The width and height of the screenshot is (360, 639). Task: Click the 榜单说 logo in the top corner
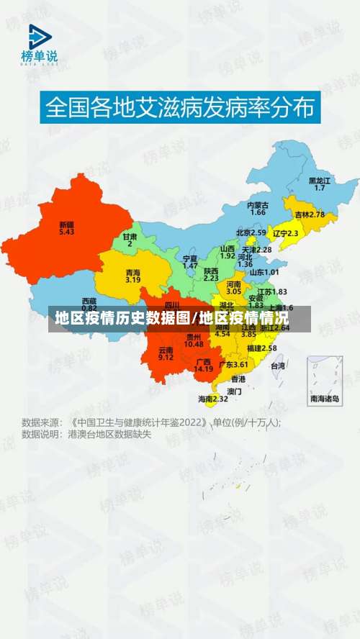click(x=39, y=45)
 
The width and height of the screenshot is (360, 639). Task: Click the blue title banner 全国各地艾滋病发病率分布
click(x=180, y=108)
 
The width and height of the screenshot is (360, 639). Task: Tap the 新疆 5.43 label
click(x=67, y=227)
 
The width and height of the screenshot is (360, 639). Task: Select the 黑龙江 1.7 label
click(x=320, y=183)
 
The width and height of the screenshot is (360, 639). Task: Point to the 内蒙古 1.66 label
click(x=258, y=208)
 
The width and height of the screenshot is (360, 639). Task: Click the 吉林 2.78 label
click(x=310, y=214)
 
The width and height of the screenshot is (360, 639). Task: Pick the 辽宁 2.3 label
click(x=285, y=233)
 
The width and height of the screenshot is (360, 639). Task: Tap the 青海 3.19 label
click(x=133, y=276)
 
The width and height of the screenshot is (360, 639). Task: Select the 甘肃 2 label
click(x=130, y=240)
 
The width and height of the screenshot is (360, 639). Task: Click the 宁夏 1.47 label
click(x=190, y=261)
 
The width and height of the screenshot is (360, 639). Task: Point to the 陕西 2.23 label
click(x=211, y=273)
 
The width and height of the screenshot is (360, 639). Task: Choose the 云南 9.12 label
click(x=166, y=353)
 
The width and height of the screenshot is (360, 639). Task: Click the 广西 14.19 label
click(x=204, y=365)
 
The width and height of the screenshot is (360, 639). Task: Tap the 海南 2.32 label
click(x=213, y=399)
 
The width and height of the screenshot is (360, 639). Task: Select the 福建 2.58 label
click(x=261, y=348)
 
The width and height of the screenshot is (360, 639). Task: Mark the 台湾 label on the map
click(x=277, y=366)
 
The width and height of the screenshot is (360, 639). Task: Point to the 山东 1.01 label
click(x=264, y=272)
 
